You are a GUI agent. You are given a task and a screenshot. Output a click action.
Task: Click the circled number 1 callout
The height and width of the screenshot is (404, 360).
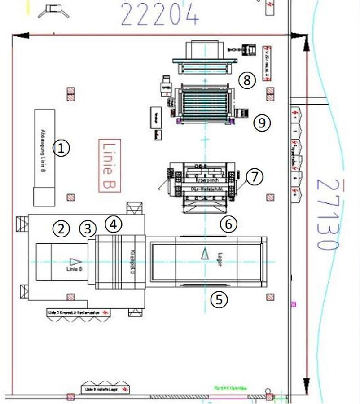[x=61, y=148]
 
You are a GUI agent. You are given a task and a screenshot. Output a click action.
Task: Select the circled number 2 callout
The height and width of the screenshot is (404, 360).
[x=61, y=229]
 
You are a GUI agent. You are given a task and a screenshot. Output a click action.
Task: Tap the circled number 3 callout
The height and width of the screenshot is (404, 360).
[x=88, y=228]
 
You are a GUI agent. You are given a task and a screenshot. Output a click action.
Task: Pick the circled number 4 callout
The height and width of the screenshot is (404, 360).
[x=114, y=223]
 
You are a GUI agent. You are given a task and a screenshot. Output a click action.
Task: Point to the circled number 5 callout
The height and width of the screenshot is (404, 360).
[x=219, y=299]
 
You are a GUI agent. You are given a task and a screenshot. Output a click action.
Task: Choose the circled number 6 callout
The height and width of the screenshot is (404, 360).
[x=229, y=224]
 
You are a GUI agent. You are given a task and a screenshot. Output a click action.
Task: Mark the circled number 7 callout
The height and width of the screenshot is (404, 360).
[x=255, y=176]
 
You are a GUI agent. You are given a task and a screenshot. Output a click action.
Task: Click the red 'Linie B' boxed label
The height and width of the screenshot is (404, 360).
[x=110, y=166]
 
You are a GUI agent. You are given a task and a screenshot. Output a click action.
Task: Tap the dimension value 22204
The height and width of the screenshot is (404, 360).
[x=160, y=15]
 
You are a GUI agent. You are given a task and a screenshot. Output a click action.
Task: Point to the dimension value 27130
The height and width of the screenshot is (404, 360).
[x=326, y=215]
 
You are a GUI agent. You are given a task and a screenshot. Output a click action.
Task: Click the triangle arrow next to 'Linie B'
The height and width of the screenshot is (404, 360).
[x=75, y=261]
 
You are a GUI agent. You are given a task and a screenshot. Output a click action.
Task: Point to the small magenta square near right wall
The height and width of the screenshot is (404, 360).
[x=294, y=304]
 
